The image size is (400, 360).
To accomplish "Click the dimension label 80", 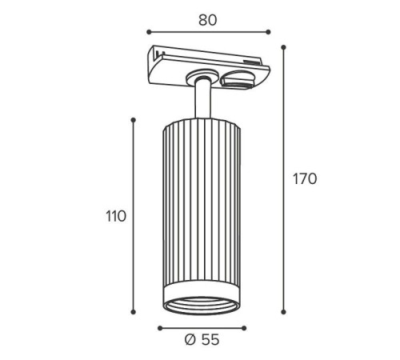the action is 208,20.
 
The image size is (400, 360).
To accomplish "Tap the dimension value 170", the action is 305,179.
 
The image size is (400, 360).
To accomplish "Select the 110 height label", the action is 116,216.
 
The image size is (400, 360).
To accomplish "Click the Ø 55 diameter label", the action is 202,340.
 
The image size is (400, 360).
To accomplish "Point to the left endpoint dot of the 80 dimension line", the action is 149,32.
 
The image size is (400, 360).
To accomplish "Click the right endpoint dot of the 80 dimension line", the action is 268,32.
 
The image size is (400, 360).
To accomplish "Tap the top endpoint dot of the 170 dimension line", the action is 284,47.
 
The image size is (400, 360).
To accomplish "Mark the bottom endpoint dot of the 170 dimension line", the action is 284,312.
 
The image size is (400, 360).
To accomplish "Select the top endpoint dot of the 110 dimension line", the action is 134,120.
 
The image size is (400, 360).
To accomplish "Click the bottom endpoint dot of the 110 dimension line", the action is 134,312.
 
